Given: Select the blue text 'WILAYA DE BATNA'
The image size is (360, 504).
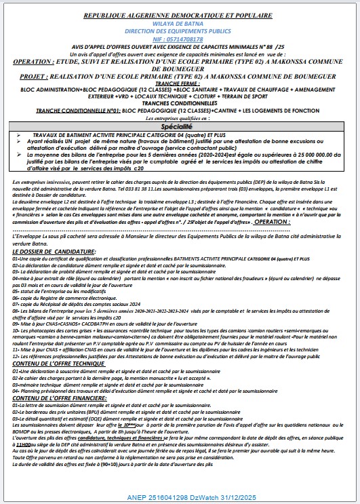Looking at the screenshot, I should tap(179, 22).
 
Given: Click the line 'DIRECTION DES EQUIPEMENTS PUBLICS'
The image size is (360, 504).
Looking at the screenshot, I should tap(179, 31).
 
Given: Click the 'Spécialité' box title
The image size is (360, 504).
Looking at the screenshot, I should tap(177, 127).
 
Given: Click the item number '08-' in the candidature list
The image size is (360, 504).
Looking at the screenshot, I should tap(16, 310).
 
